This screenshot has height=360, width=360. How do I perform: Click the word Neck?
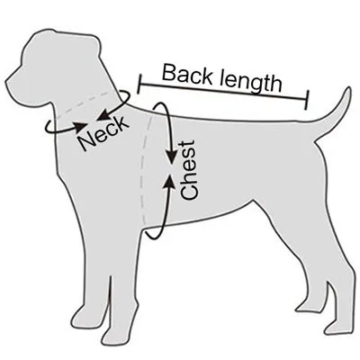pyautogui.click(x=103, y=133)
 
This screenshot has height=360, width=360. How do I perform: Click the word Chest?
pyautogui.click(x=189, y=170)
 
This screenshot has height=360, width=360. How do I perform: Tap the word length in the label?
pyautogui.click(x=250, y=80)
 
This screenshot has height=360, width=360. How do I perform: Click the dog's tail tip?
pyautogui.click(x=348, y=89)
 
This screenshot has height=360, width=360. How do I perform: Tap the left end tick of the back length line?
pyautogui.click(x=139, y=85)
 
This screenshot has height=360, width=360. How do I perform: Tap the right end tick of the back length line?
pyautogui.click(x=306, y=100)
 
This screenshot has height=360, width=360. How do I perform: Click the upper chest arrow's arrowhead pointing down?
pyautogui.click(x=172, y=157)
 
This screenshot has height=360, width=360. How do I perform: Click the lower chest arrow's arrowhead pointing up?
pyautogui.click(x=170, y=181)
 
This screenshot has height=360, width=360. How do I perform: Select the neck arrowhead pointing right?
pyautogui.click(x=81, y=127)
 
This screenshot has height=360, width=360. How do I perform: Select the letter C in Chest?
pyautogui.click(x=189, y=193)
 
